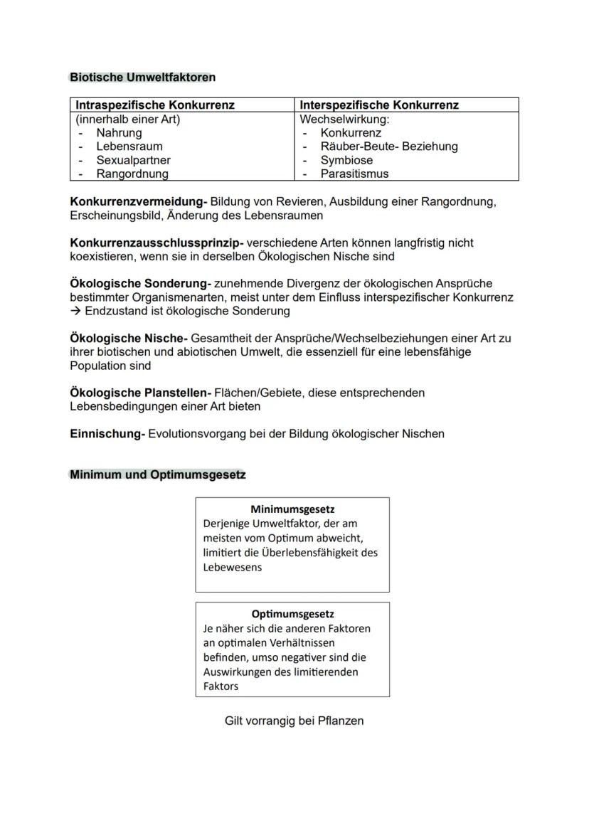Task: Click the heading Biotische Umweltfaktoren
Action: click(x=142, y=77)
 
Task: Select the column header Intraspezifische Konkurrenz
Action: click(x=155, y=105)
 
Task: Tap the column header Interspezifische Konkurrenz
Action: click(x=379, y=105)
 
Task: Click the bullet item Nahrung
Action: click(x=119, y=133)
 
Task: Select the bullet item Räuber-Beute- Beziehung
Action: click(x=388, y=147)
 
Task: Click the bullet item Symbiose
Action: click(x=346, y=160)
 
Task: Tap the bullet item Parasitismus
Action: click(x=354, y=174)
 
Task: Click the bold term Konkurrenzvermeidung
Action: click(x=138, y=201)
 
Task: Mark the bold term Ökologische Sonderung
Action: click(x=139, y=284)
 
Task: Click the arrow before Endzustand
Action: click(x=75, y=311)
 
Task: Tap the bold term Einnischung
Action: click(x=107, y=434)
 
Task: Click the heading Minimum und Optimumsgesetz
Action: click(x=157, y=474)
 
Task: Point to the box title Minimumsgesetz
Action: click(x=292, y=509)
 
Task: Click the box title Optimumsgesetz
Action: click(x=292, y=614)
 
